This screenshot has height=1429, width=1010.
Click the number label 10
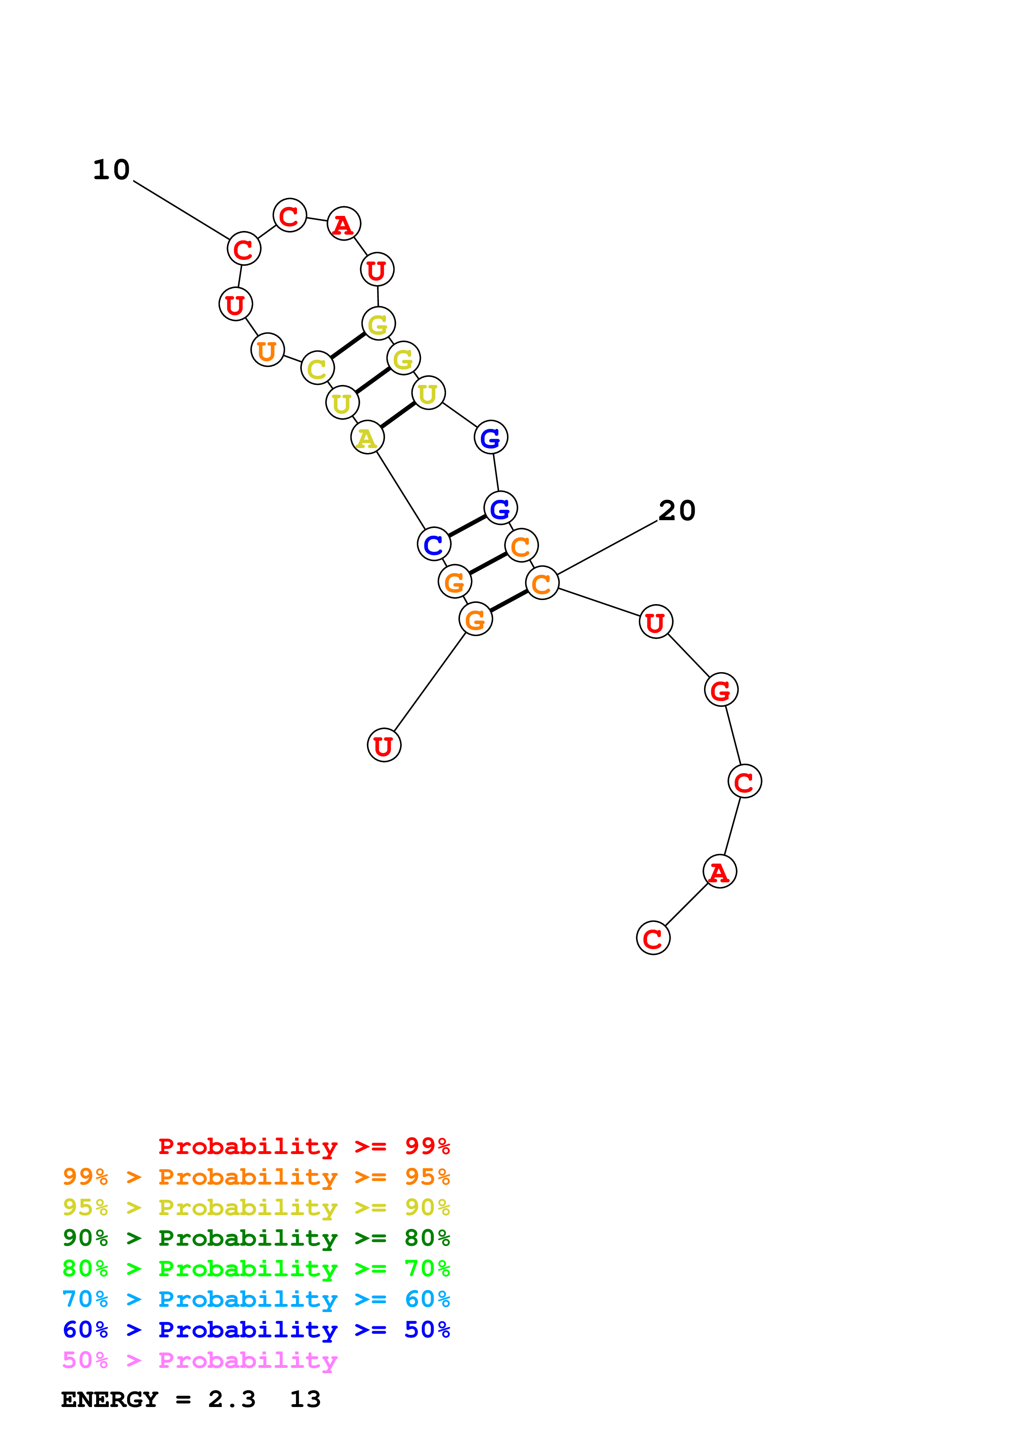coord(111,170)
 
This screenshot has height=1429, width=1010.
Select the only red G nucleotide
coord(721,690)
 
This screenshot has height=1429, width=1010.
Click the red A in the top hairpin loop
coord(343,224)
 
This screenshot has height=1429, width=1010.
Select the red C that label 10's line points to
coord(243,249)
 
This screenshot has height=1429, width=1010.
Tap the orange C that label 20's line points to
coord(541,583)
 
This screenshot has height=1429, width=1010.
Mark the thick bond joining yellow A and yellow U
coord(398,415)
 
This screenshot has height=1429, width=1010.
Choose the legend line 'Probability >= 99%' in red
coord(304,1146)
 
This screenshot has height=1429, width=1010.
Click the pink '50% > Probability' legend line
coord(199,1361)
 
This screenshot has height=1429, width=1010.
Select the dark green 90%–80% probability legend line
coord(256,1238)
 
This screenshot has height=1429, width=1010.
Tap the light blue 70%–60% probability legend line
coord(256,1299)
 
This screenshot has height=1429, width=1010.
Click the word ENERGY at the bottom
coord(110,1400)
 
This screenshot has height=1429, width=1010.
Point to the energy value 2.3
coord(231,1400)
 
